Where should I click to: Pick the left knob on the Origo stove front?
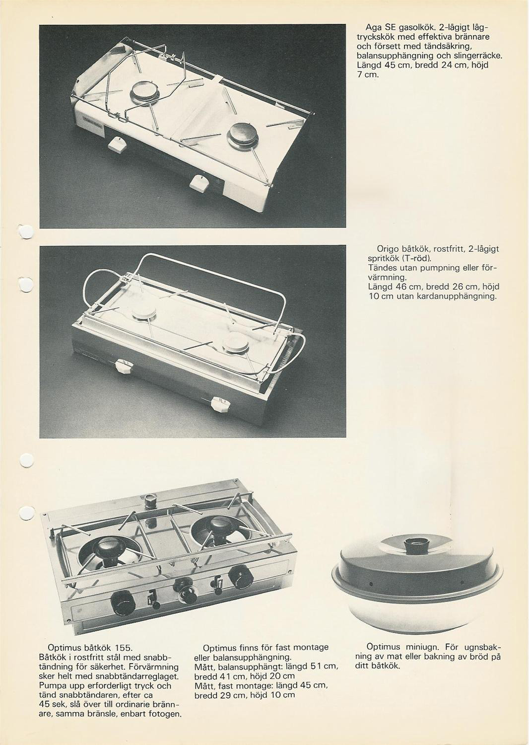pos(125,367)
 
